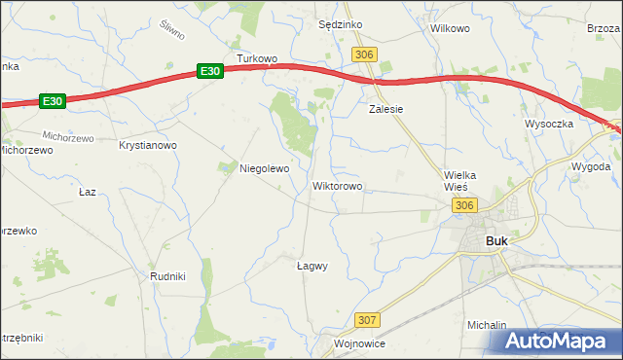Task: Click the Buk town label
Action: (496, 241)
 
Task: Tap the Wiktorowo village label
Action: (338, 185)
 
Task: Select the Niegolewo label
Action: (265, 168)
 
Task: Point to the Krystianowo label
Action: (147, 145)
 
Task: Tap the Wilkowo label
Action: (450, 28)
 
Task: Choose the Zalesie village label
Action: (385, 109)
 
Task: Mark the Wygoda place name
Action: (592, 166)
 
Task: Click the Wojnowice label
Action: (360, 343)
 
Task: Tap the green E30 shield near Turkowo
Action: (211, 71)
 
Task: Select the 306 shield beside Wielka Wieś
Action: (463, 204)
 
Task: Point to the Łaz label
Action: (88, 192)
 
